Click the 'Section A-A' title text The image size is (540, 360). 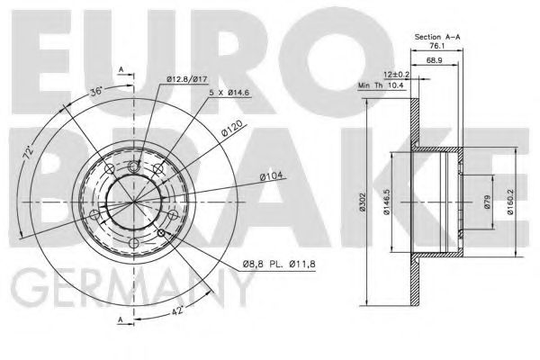pos(438,36)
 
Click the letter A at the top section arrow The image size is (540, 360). pos(120,70)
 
